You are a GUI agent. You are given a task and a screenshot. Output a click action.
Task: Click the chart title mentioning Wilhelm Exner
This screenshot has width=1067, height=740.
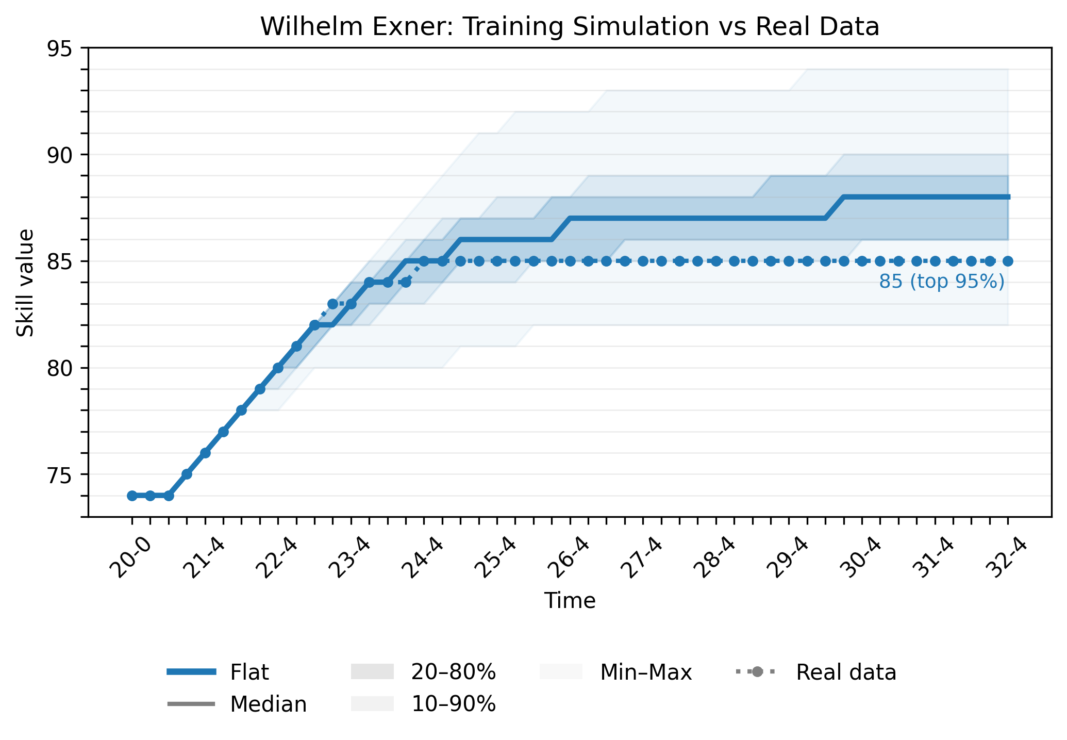click(x=570, y=27)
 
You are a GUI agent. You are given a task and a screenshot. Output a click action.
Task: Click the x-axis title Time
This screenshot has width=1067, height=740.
click(x=570, y=601)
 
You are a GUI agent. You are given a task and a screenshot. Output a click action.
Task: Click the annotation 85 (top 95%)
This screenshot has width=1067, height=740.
click(x=941, y=282)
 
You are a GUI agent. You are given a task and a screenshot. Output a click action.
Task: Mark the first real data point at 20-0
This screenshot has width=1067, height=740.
click(x=132, y=496)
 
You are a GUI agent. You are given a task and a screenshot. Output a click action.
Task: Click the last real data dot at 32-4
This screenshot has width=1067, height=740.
click(x=1008, y=261)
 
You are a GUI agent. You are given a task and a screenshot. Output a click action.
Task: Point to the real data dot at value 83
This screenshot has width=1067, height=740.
click(x=333, y=304)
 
